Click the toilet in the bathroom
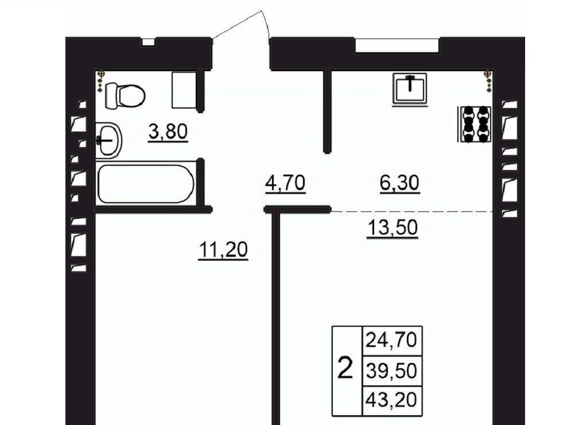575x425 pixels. [x=125, y=96]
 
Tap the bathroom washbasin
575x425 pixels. [x=108, y=140]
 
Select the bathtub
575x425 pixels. [x=145, y=184]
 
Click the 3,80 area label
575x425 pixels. [x=168, y=132]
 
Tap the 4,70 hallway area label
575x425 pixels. [x=285, y=183]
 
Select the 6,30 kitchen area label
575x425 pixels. [x=399, y=183]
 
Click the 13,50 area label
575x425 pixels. [x=393, y=228]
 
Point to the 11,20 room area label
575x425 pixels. [x=223, y=250]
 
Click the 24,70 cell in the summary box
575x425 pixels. [x=391, y=340]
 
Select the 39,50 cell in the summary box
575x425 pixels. [x=391, y=370]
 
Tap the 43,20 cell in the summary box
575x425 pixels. [x=391, y=400]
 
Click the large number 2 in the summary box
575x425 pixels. [x=345, y=369]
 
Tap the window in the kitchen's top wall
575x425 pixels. [x=397, y=45]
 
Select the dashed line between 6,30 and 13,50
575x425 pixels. [x=412, y=212]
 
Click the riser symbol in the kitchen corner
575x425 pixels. [x=488, y=80]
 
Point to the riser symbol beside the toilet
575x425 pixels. [x=100, y=81]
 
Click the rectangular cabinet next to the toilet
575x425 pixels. [x=184, y=90]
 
